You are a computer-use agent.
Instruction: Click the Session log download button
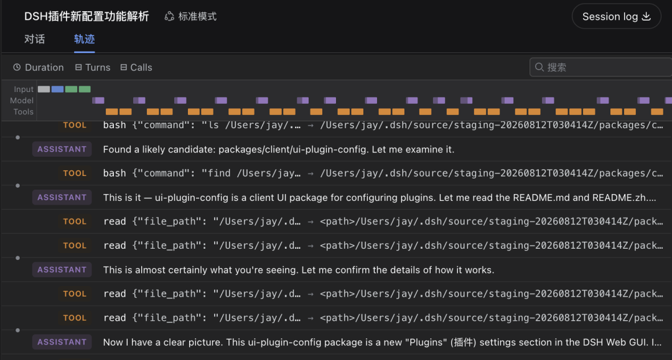(x=616, y=16)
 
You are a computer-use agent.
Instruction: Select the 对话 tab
(x=35, y=39)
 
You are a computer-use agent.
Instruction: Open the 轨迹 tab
(x=85, y=39)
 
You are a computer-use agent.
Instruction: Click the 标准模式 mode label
(x=191, y=17)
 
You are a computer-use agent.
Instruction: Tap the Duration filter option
(x=39, y=68)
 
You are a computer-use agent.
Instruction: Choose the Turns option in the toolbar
(x=93, y=68)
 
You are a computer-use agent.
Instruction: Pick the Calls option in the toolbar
(x=136, y=68)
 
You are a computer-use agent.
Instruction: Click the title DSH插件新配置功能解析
(x=86, y=17)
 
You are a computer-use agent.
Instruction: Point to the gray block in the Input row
(x=44, y=89)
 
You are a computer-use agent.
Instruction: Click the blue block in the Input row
(x=57, y=89)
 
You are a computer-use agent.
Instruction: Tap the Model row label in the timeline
(x=22, y=101)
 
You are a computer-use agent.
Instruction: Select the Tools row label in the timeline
(x=24, y=112)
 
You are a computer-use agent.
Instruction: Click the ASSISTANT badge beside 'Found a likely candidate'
(x=62, y=149)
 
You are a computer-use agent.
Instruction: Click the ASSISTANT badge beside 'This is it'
(x=62, y=197)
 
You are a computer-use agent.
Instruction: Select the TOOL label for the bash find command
(x=75, y=173)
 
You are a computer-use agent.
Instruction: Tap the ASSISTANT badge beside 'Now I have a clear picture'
(x=62, y=342)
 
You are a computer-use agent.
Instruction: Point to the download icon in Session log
(x=646, y=16)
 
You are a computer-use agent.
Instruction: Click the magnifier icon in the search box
(x=539, y=67)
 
